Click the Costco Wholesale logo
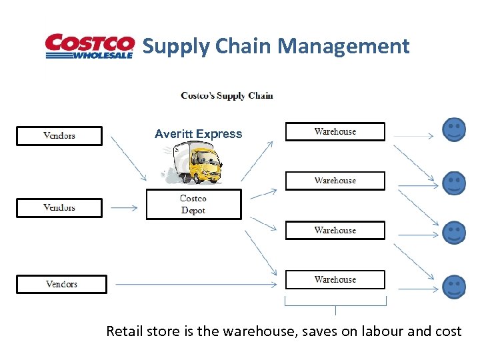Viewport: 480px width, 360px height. (89, 47)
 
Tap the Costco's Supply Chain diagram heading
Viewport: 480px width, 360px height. (227, 96)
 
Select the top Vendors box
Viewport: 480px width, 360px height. (59, 136)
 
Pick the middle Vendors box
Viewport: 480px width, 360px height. (59, 207)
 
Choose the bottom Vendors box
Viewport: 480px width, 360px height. (61, 284)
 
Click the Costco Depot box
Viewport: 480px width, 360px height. (193, 205)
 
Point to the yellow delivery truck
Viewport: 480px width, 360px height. (194, 164)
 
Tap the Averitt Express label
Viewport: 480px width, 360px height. (199, 134)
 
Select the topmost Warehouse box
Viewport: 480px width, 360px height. (335, 131)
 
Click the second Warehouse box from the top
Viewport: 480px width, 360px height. (335, 181)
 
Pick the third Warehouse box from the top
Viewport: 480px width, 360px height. (335, 230)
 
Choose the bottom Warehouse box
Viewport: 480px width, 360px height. (335, 279)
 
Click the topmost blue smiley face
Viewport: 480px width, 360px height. (455, 129)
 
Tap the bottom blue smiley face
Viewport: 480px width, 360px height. (455, 286)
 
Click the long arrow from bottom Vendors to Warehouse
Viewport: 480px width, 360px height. (197, 285)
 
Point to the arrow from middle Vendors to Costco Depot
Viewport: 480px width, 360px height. (124, 208)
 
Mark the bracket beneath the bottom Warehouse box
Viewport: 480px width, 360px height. (335, 305)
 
